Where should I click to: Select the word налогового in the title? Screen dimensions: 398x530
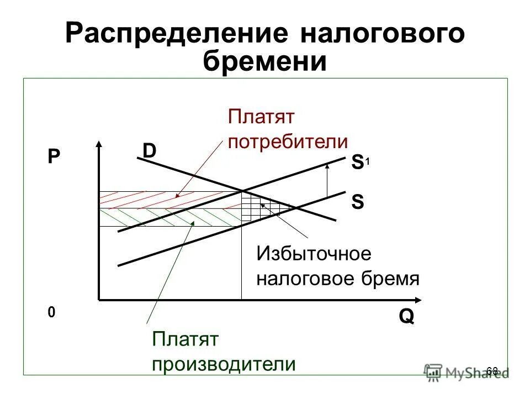click(x=381, y=34)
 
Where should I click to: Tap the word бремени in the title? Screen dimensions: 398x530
click(x=265, y=61)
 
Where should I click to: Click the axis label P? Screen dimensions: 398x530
click(x=53, y=158)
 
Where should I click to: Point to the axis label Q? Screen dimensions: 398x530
click(x=406, y=317)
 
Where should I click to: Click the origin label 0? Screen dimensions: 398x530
click(x=51, y=313)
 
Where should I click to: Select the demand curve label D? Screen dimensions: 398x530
click(x=149, y=151)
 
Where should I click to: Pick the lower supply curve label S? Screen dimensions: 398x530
click(x=357, y=202)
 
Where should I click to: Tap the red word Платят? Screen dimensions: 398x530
click(x=262, y=117)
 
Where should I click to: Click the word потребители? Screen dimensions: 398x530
click(x=288, y=142)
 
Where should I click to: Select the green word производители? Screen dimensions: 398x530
click(x=224, y=364)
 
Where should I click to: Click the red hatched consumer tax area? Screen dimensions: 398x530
click(x=166, y=200)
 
